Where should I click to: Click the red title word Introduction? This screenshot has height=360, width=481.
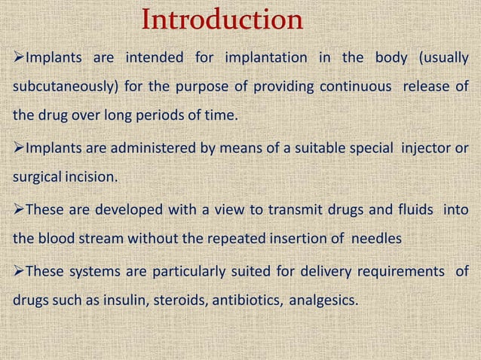[x=222, y=20]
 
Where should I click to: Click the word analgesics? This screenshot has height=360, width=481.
[x=319, y=300]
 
